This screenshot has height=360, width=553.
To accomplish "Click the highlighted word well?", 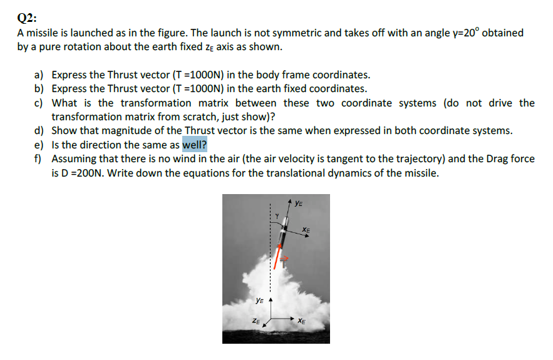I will pos(194,145).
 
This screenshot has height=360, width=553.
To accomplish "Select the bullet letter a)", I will pos(39,75).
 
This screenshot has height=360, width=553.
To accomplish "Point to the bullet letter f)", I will pos(39,159).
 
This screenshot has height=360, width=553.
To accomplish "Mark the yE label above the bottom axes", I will pos(258,301).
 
